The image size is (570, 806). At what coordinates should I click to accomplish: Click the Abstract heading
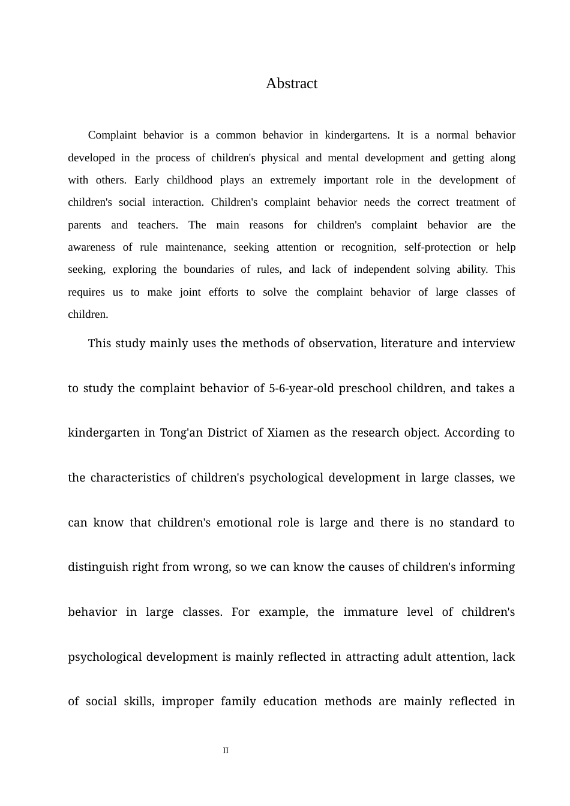[292, 83]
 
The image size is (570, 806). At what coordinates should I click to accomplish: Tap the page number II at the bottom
[226, 750]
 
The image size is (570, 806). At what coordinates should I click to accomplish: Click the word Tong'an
[182, 433]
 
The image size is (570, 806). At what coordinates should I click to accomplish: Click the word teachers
[158, 225]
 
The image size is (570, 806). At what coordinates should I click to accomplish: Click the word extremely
[293, 180]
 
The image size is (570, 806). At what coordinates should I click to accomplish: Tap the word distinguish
[98, 567]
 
